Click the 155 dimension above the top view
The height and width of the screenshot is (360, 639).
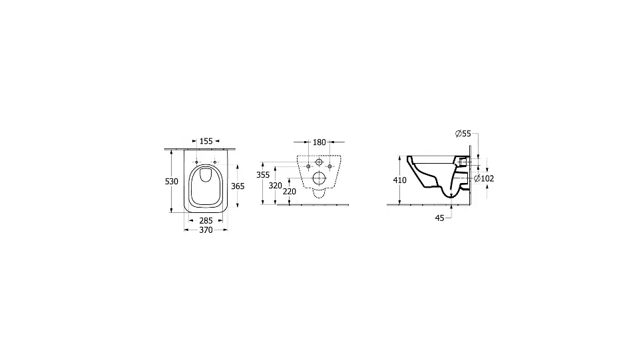(206, 141)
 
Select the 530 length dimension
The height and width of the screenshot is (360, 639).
(172, 182)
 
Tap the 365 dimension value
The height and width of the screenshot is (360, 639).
(238, 186)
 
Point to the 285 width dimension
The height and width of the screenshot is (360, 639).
(206, 221)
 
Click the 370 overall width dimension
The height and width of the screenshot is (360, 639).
(206, 230)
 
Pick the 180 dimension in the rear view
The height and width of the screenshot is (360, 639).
(319, 142)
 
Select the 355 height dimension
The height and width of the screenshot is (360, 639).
(264, 175)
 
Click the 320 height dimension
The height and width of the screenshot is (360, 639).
(276, 186)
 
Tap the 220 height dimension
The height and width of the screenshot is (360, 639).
(290, 192)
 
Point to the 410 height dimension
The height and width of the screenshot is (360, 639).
(400, 180)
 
